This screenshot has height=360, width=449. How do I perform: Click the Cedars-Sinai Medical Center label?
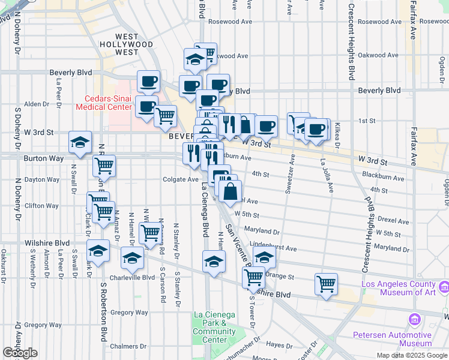[104, 103]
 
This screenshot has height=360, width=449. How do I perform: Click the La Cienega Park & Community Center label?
[214, 327]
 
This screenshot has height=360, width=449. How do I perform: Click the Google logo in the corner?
[20, 353]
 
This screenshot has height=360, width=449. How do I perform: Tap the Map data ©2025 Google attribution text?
[412, 355]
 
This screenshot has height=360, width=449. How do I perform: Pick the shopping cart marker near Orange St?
[326, 283]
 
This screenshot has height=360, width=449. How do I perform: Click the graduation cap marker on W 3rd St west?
[80, 142]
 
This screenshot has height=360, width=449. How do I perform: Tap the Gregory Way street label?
[129, 313]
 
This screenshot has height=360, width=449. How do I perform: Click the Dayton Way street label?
[42, 179]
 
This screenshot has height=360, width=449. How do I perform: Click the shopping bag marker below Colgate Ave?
[231, 192]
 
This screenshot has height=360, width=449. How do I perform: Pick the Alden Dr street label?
[37, 104]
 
